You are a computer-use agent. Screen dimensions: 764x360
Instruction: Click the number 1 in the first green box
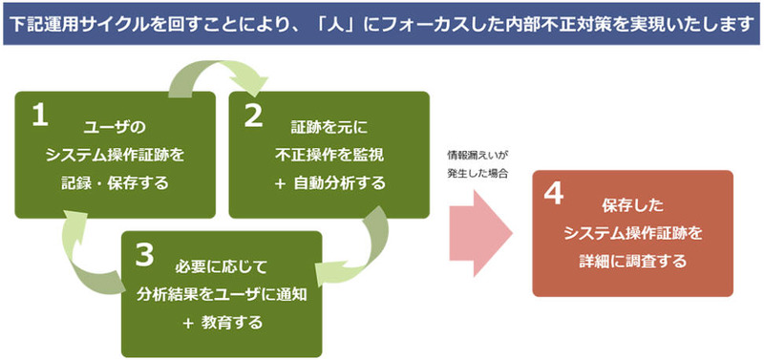(40, 116)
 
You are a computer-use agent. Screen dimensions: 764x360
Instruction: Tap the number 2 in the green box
(253, 116)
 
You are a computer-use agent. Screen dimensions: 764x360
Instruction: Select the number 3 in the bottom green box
(144, 256)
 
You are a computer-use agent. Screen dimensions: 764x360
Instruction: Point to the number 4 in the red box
(553, 195)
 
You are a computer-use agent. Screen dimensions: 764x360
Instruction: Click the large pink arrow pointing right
(480, 233)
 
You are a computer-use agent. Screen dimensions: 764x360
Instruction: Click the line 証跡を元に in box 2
(329, 129)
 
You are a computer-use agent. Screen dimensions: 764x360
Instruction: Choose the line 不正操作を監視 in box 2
(329, 156)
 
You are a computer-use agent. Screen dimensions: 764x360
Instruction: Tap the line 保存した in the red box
(632, 206)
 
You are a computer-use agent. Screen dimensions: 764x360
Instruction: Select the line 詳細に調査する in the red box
(632, 261)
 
